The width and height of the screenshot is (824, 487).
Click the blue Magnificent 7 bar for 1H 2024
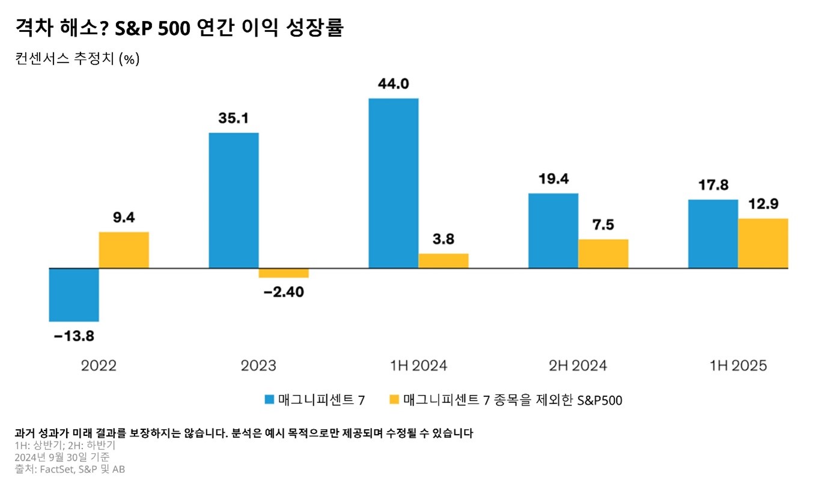pyautogui.click(x=393, y=183)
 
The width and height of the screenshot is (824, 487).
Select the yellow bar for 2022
pyautogui.click(x=124, y=250)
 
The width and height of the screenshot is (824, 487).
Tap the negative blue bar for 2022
pyautogui.click(x=74, y=295)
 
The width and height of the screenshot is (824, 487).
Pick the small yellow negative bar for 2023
pyautogui.click(x=284, y=273)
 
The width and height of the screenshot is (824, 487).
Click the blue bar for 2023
pyautogui.click(x=233, y=200)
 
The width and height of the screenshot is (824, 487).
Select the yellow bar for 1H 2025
pyautogui.click(x=763, y=243)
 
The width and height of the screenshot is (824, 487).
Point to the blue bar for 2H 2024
pyautogui.click(x=553, y=230)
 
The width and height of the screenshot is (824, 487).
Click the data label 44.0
pyautogui.click(x=393, y=84)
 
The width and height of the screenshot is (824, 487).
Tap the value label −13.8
pyautogui.click(x=74, y=336)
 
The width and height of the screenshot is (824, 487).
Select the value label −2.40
pyautogui.click(x=284, y=292)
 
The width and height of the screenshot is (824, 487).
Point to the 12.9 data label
pyautogui.click(x=763, y=204)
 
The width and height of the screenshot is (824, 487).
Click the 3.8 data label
pyautogui.click(x=443, y=239)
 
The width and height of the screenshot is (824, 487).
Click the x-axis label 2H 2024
pyautogui.click(x=578, y=366)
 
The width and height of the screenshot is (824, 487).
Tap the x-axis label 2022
pyautogui.click(x=99, y=366)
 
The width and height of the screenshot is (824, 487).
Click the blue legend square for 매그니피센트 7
pyautogui.click(x=269, y=400)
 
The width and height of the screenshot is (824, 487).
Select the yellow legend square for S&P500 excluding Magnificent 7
pyautogui.click(x=394, y=400)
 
